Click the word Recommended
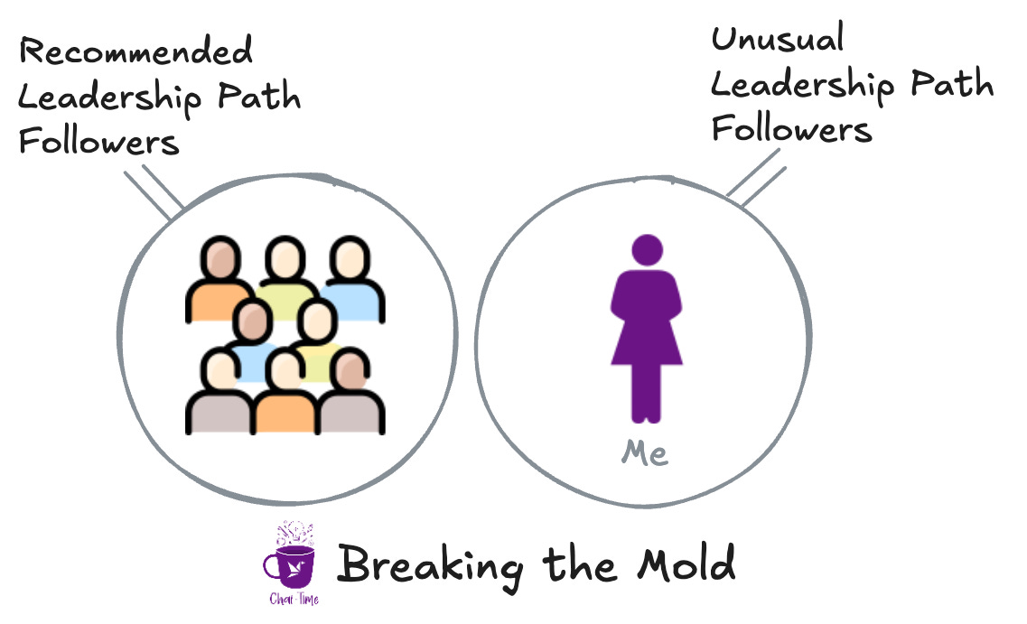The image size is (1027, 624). [x=135, y=51]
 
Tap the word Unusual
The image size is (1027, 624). [x=778, y=39]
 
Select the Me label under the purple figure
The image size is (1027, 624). [x=645, y=453]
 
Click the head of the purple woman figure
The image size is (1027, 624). [x=646, y=250]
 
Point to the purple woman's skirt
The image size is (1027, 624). [x=646, y=343]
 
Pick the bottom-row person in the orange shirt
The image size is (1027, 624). [x=285, y=397]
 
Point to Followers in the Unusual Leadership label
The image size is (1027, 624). [x=791, y=128]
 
